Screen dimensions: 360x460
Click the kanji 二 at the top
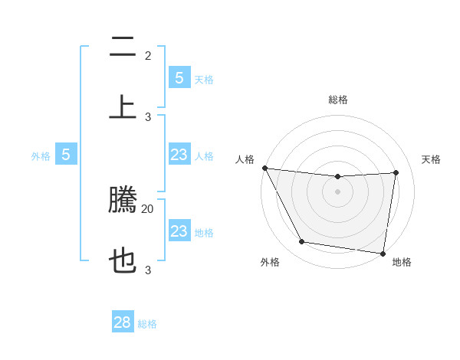click(x=123, y=47)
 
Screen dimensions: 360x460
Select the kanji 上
click(x=123, y=107)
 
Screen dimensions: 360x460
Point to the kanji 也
click(x=123, y=261)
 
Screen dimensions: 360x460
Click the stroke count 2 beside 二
click(x=148, y=56)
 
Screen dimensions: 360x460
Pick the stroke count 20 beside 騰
click(x=148, y=208)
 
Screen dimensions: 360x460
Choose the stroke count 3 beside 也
click(x=148, y=270)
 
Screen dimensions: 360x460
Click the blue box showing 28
click(x=123, y=322)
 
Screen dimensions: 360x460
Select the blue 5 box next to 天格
click(x=179, y=77)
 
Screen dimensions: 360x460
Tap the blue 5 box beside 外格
click(x=66, y=155)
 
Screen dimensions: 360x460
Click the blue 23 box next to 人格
click(x=179, y=155)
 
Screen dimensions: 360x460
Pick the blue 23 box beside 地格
click(x=179, y=231)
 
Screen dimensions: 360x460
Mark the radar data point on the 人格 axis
click(x=264, y=168)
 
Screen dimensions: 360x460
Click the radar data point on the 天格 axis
click(x=396, y=172)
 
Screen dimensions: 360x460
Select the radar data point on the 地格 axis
click(x=383, y=253)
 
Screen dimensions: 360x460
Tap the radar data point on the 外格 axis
click(x=301, y=242)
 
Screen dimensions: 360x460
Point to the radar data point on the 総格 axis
click(x=337, y=177)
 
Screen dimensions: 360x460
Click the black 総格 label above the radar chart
click(x=337, y=100)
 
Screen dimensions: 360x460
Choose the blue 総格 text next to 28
click(x=147, y=324)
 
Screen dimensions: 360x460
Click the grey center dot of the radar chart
click(x=337, y=191)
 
